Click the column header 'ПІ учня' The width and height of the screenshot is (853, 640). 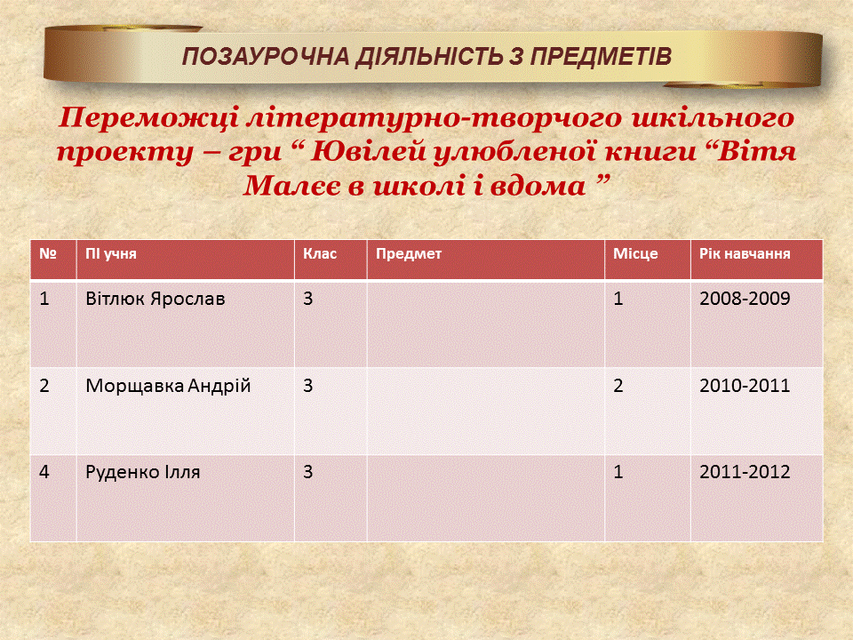pos(111,254)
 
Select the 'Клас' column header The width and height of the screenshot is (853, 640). pos(320,253)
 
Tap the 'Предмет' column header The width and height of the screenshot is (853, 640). pos(409,253)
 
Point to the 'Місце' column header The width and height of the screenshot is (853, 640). pos(635,254)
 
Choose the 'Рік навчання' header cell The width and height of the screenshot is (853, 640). pos(745,253)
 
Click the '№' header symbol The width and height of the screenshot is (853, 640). pos(48,253)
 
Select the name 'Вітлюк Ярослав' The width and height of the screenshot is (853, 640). pos(155,299)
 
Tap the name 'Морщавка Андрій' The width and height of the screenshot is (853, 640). pos(168,386)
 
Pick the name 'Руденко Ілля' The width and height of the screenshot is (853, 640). pos(142,472)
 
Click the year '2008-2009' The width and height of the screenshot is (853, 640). pos(745,299)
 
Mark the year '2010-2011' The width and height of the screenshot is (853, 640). pos(745,386)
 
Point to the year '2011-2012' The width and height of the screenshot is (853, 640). pos(745,472)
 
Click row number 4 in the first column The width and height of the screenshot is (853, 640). pos(44,472)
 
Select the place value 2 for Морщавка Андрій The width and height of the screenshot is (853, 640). pos(618,386)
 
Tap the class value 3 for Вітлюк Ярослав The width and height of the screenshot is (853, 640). pos(308,299)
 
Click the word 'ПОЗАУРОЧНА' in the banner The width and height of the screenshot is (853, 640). pos(266,57)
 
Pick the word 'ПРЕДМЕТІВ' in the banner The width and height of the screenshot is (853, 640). pos(601,57)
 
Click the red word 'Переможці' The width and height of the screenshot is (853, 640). pos(147,118)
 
